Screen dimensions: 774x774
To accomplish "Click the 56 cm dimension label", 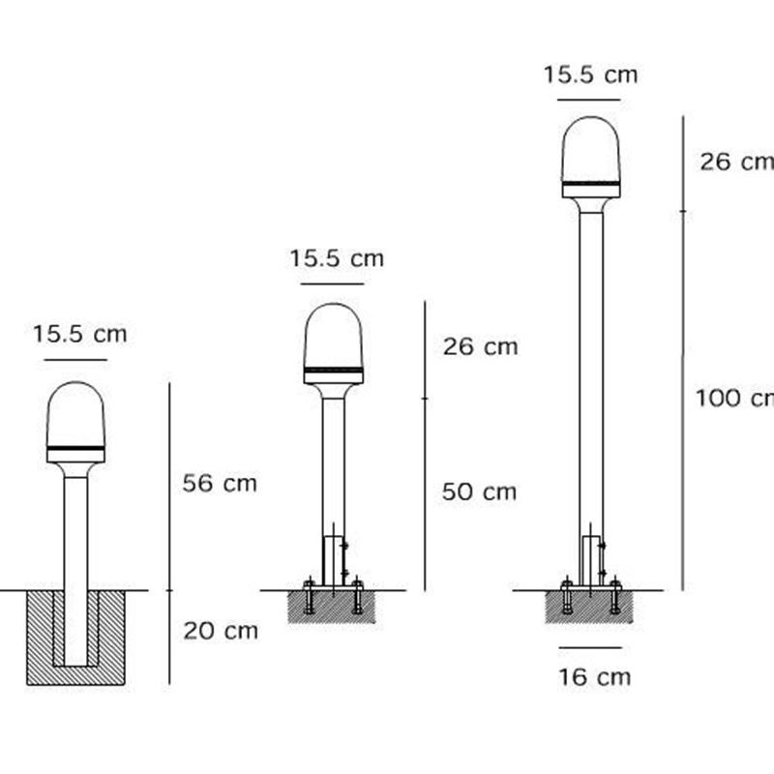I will pyautogui.click(x=220, y=483).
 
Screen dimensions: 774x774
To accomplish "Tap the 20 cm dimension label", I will pyautogui.click(x=221, y=631).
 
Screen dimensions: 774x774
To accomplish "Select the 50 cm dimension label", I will pyautogui.click(x=479, y=491).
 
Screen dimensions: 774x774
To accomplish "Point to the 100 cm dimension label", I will pyautogui.click(x=733, y=397).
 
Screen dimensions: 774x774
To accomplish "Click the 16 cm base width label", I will pyautogui.click(x=594, y=676).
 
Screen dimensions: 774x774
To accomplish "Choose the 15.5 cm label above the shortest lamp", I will pyautogui.click(x=80, y=334).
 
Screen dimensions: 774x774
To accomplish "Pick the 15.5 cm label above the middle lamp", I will pyautogui.click(x=337, y=258).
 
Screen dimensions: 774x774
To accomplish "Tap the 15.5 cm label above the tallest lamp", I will pyautogui.click(x=590, y=74).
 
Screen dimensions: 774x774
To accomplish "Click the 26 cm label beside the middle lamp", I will pyautogui.click(x=480, y=346).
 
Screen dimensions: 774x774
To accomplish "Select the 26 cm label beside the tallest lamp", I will pyautogui.click(x=735, y=162).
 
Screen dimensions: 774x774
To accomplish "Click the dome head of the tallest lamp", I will pyautogui.click(x=590, y=150).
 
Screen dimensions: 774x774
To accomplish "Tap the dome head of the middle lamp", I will pyautogui.click(x=334, y=337).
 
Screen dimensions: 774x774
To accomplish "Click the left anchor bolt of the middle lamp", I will pyautogui.click(x=309, y=597).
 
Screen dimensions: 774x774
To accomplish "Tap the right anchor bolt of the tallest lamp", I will pyautogui.click(x=614, y=597).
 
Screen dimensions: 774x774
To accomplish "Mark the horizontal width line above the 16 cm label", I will pyautogui.click(x=590, y=648).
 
